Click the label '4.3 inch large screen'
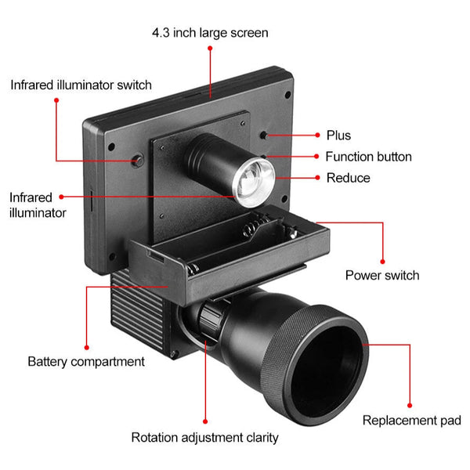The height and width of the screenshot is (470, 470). click(210, 33)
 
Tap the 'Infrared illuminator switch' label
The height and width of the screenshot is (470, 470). click(81, 84)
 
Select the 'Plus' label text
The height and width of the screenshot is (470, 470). click(338, 136)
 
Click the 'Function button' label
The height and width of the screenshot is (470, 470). click(368, 157)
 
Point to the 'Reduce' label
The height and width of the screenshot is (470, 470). click(348, 178)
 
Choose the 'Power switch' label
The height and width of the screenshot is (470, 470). click(382, 275)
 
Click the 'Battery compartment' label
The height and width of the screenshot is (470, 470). click(86, 361)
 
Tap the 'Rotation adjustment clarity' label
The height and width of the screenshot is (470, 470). click(204, 437)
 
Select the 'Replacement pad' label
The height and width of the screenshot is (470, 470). click(411, 421)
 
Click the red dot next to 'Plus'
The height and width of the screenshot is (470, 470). click(317, 136)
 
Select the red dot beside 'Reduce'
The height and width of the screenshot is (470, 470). click(317, 178)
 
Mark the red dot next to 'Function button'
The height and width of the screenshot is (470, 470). click(317, 157)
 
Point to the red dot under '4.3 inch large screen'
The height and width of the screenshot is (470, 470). click(210, 49)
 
